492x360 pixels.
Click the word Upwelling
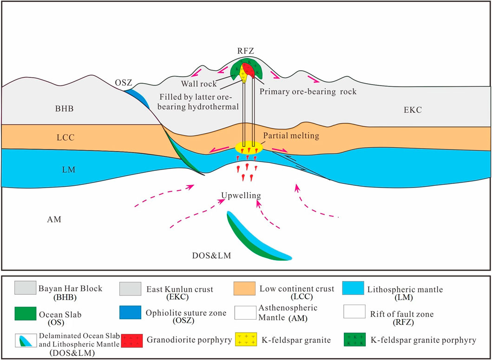coord(241,196)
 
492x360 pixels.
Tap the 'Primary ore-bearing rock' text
coord(308,92)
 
